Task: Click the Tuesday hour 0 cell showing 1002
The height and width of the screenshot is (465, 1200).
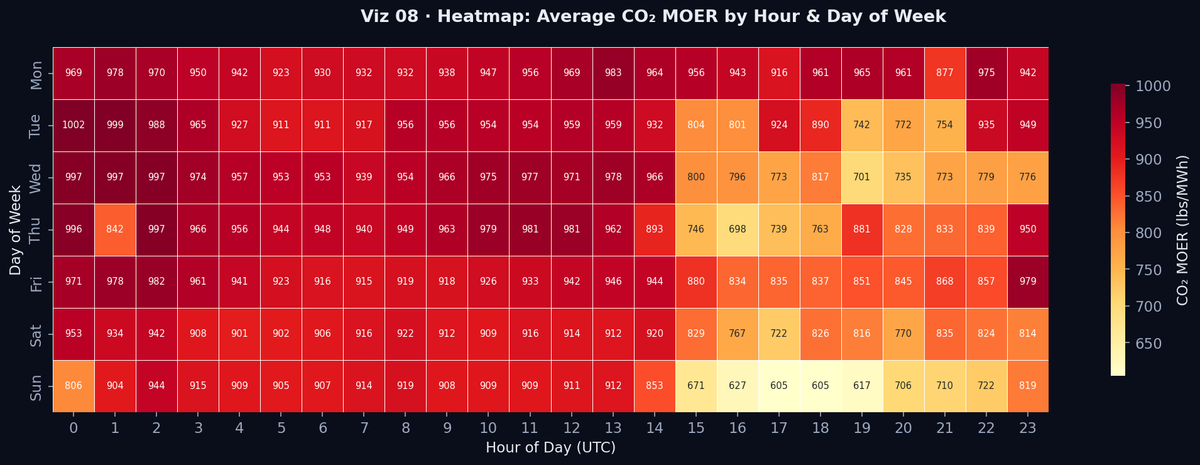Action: click(74, 125)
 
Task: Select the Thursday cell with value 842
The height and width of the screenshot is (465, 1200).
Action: click(115, 229)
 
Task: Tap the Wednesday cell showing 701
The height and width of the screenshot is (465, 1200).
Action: click(861, 177)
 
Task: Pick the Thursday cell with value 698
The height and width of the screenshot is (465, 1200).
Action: click(737, 229)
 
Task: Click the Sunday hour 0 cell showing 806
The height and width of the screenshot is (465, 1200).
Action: click(74, 386)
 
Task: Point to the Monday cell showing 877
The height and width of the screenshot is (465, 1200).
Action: click(944, 73)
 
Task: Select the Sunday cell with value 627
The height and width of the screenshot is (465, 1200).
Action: click(737, 386)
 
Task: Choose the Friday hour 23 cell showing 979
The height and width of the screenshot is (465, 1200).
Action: click(1027, 282)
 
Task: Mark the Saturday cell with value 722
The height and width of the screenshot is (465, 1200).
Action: click(778, 334)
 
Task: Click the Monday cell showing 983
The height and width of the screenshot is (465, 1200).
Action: click(613, 73)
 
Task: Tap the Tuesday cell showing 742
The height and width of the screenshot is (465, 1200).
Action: click(861, 125)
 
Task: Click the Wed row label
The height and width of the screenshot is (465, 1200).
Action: click(36, 178)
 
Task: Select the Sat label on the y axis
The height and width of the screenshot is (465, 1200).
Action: click(36, 334)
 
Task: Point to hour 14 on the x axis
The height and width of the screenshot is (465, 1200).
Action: click(654, 429)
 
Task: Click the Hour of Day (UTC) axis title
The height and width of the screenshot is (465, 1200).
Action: click(550, 447)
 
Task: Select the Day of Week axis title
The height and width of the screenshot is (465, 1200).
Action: click(16, 230)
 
